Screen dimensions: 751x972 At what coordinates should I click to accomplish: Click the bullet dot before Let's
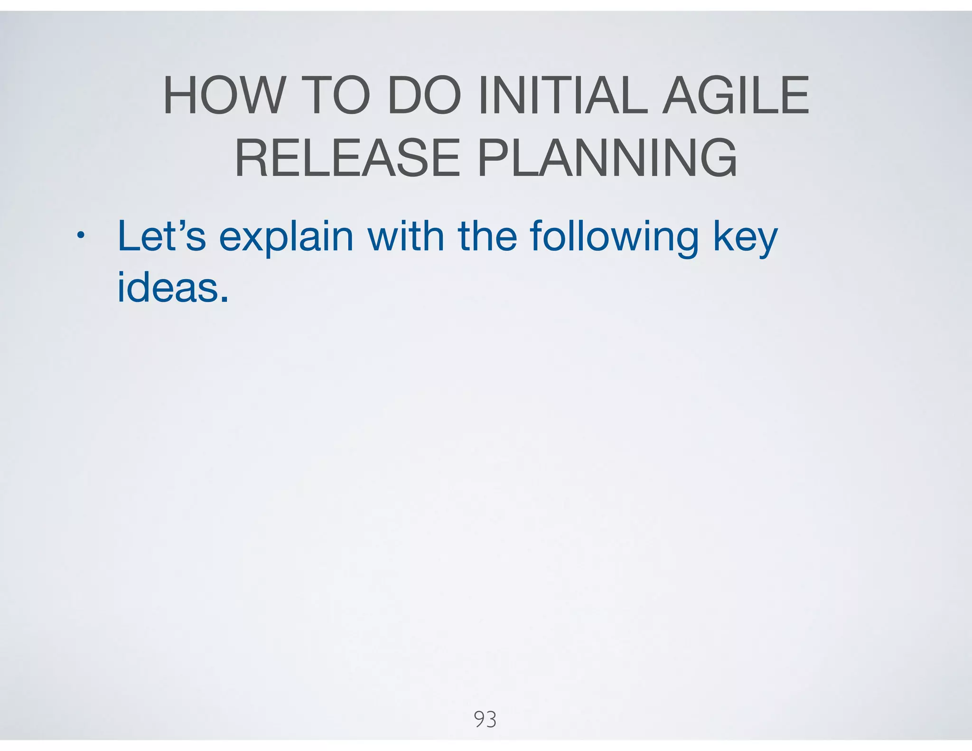pyautogui.click(x=81, y=236)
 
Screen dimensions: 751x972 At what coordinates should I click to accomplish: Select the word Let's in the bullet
pyautogui.click(x=161, y=236)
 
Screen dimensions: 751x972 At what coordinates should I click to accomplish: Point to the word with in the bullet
pyautogui.click(x=406, y=236)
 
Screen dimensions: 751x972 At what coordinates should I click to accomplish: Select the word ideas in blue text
pyautogui.click(x=169, y=288)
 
